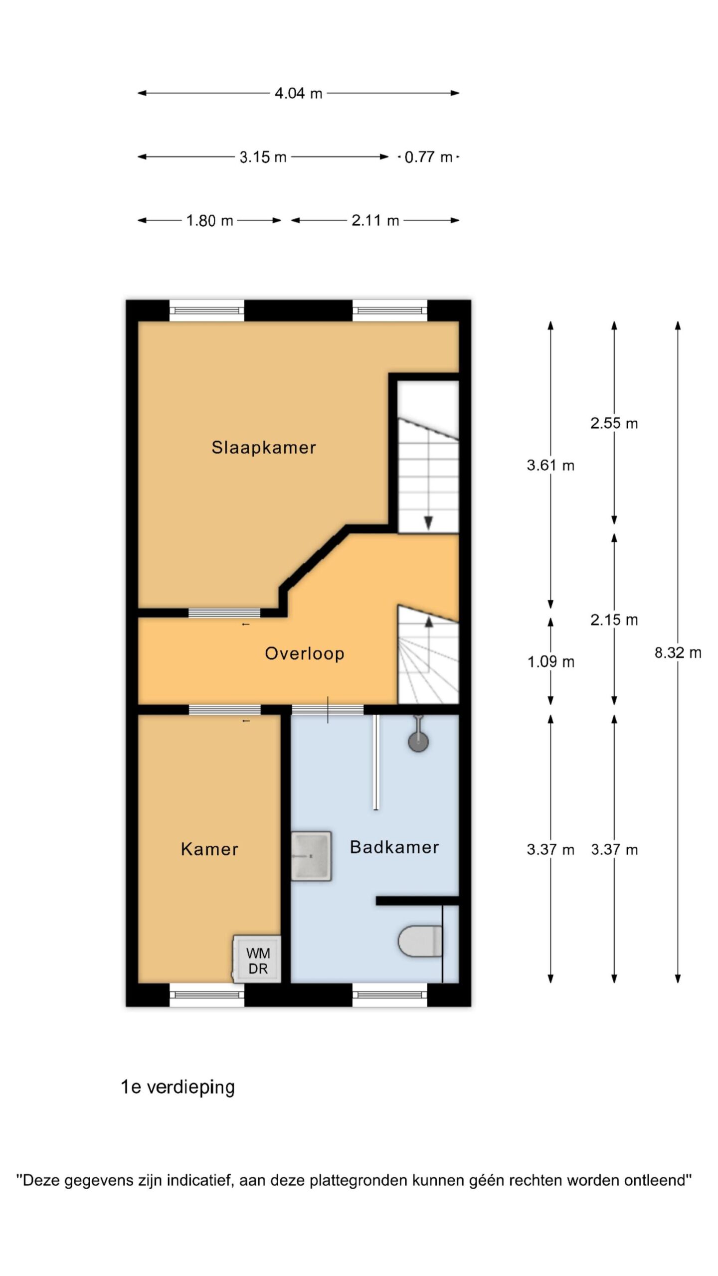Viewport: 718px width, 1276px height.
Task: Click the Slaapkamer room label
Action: tap(264, 447)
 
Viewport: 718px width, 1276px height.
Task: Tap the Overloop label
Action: tap(304, 653)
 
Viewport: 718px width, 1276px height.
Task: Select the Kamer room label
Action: tap(209, 849)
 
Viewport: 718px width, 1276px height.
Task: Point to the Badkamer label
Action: tap(394, 847)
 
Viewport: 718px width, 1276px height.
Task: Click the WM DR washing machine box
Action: tap(257, 959)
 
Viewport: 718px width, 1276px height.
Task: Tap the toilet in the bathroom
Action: tap(420, 941)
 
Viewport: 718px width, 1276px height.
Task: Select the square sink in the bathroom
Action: tap(311, 856)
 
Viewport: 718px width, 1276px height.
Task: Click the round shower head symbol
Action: tap(418, 742)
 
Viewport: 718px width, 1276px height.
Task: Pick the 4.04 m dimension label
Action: tap(298, 93)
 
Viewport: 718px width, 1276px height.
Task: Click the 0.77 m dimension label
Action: tap(428, 157)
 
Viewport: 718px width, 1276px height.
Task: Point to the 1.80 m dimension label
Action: tap(209, 220)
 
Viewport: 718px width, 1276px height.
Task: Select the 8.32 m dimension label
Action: tap(678, 652)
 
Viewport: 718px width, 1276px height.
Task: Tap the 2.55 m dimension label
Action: tap(614, 423)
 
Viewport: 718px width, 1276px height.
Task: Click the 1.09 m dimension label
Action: tap(550, 661)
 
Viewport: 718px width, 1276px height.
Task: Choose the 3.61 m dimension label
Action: tap(550, 465)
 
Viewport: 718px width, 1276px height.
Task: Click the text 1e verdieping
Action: tap(178, 1087)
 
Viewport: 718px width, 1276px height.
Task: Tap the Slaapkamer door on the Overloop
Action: tap(224, 613)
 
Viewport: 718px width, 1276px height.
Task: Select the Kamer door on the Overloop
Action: tap(224, 710)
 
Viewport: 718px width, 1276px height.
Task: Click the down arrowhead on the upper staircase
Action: tap(428, 523)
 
